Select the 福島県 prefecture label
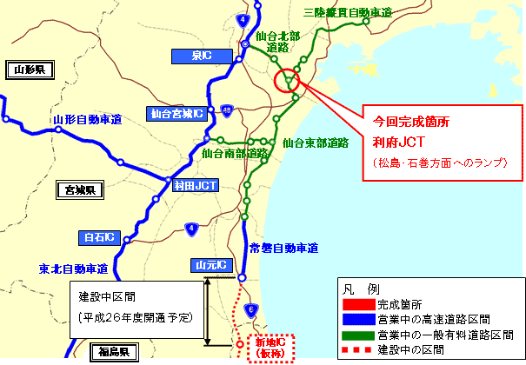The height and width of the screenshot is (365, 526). click(x=115, y=352)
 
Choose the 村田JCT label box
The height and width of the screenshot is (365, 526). click(x=195, y=184)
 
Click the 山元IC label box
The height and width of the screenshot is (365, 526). click(x=209, y=264)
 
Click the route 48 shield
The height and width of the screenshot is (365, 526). click(x=226, y=110)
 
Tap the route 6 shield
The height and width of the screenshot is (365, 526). click(x=250, y=308)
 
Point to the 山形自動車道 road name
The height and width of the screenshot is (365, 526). click(x=86, y=118)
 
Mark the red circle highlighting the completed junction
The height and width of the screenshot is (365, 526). click(x=286, y=82)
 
